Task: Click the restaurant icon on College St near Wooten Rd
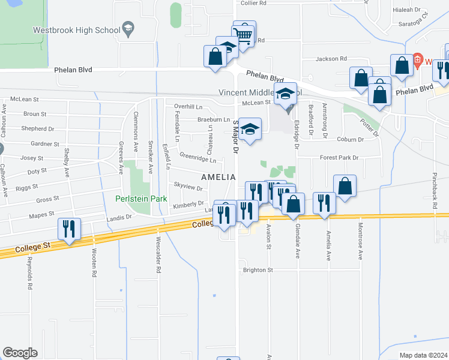[x=68, y=229]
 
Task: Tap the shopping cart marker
[x=243, y=34]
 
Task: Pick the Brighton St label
[x=258, y=270]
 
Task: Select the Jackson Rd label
[x=332, y=59]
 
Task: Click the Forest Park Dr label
[x=339, y=158]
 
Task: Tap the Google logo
[x=20, y=353]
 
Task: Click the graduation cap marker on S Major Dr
[x=250, y=130]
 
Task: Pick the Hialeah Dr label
[x=408, y=10]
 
